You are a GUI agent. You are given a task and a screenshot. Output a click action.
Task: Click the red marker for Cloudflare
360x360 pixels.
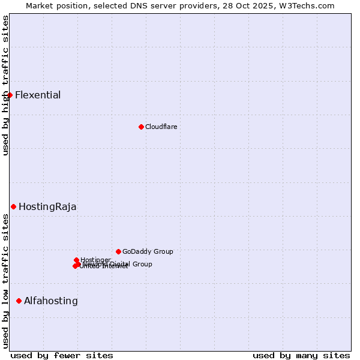141,127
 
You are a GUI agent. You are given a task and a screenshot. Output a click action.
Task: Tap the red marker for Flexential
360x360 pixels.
10,95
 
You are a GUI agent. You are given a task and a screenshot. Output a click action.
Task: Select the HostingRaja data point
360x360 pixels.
13,206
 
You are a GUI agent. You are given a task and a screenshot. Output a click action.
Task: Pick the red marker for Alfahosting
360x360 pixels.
19,301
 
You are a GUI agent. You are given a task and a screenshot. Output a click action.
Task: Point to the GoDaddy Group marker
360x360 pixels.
118,251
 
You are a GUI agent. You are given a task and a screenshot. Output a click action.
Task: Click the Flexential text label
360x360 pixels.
38,95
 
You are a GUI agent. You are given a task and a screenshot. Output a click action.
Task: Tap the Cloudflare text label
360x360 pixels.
161,127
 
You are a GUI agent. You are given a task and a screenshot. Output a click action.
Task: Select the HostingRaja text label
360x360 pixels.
47,207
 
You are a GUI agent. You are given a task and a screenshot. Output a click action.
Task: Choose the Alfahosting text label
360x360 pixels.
51,301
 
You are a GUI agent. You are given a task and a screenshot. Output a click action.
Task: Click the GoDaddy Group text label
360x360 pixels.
148,251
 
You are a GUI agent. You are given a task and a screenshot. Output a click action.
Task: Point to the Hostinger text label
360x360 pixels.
95,260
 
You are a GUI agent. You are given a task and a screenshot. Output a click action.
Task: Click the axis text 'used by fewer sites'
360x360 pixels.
62,355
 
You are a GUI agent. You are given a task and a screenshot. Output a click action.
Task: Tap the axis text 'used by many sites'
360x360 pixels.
301,355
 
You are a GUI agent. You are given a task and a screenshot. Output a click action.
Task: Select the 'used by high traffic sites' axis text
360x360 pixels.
5,85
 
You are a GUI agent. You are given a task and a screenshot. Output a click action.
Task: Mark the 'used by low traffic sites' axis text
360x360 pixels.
5,281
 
